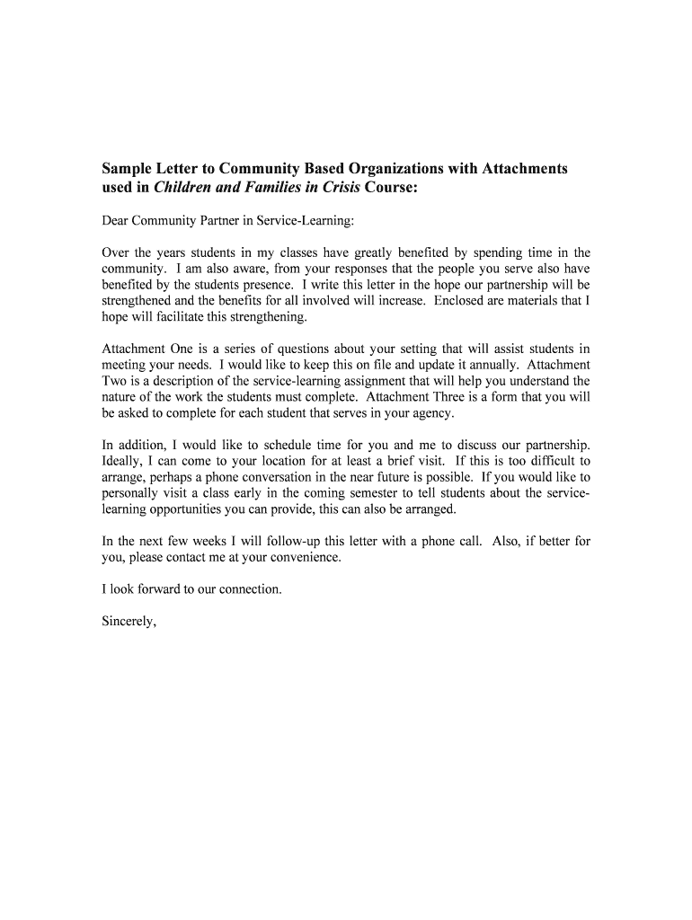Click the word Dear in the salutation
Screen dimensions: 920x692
pyautogui.click(x=117, y=220)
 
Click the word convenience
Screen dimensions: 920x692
pyautogui.click(x=305, y=558)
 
